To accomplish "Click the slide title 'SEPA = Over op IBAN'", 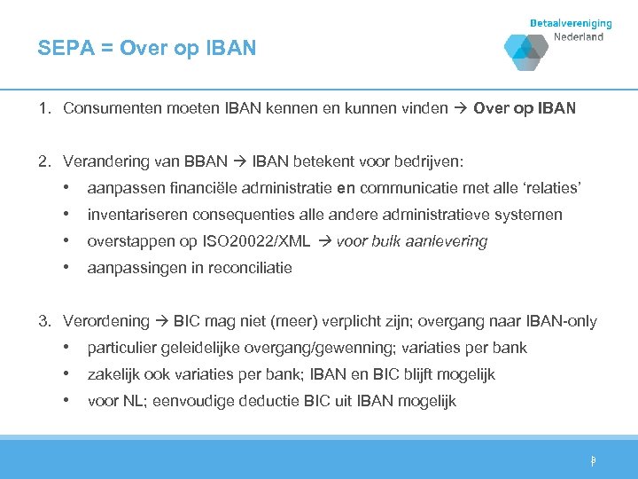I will [146, 48].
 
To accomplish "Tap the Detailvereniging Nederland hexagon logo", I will [525, 51].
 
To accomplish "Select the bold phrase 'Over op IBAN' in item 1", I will [525, 109].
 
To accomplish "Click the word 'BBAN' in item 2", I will [205, 161].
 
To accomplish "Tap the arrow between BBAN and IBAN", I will [239, 161].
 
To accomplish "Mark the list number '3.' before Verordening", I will [43, 321].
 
